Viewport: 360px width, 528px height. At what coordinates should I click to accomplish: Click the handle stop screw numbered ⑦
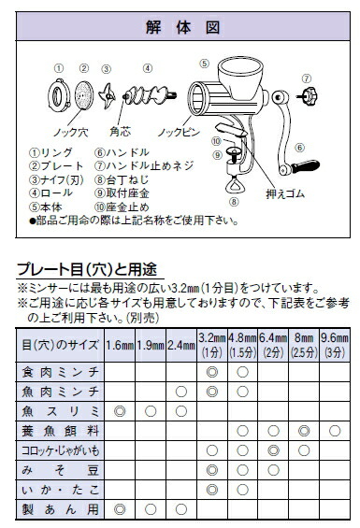[x=306, y=98]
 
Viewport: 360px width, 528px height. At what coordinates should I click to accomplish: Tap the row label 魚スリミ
[x=61, y=410]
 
